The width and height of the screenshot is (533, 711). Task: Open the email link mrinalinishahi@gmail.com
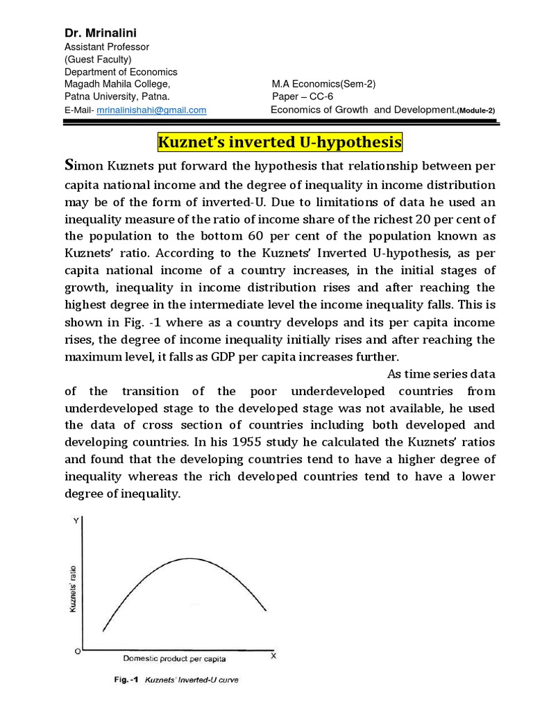coord(151,110)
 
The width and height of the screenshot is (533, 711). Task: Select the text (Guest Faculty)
coord(98,59)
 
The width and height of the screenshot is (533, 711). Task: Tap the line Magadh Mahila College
coord(117,84)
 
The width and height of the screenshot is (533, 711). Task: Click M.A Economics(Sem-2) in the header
coord(323,84)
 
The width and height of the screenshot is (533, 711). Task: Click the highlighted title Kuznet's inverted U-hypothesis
coord(280,142)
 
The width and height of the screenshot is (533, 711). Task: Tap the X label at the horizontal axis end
coord(273,655)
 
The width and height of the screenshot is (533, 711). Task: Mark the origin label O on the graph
coord(77,652)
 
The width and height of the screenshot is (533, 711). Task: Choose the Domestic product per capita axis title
coord(174,658)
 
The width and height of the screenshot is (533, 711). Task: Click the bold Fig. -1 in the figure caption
coord(127,680)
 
